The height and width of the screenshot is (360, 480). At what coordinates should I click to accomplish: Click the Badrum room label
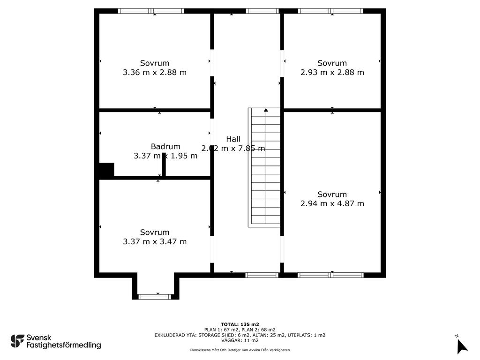point(165,146)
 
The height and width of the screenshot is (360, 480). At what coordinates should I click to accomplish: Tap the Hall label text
point(233,139)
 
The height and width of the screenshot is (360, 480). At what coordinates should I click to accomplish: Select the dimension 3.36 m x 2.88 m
point(155,72)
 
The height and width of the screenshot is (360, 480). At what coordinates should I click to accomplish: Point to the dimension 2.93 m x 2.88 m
point(332,72)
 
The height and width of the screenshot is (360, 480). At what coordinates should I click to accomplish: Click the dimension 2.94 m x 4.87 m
point(332,203)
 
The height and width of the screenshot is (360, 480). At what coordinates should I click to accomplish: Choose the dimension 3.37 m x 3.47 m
point(155,241)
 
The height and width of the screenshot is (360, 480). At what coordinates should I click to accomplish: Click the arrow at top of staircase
point(266,110)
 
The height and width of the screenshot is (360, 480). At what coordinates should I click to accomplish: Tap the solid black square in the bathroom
point(106,170)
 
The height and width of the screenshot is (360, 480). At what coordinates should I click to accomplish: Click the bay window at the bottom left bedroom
point(156,296)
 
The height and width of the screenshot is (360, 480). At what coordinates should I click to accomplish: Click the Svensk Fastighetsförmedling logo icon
point(17,341)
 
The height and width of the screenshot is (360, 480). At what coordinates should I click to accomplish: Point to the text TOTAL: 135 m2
point(240,324)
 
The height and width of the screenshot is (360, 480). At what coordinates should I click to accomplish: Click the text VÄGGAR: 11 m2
point(240,340)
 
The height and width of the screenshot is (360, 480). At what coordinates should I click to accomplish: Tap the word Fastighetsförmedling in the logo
point(63,345)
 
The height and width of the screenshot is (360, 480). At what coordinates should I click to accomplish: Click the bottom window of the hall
point(262,275)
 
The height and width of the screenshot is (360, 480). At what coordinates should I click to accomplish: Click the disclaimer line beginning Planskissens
point(240,350)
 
